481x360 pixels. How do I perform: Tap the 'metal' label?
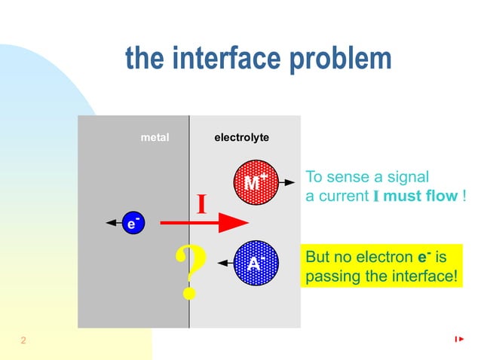pos(155,138)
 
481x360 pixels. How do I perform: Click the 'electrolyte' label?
pos(241,138)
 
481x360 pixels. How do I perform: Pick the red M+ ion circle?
pos(255,183)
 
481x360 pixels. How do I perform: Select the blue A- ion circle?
pos(256,263)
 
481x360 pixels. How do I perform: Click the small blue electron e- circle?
pos(133,223)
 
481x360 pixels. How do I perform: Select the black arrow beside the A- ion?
pos(225,263)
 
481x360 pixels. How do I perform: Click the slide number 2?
pos(23,341)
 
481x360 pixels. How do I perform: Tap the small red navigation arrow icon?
pos(459,340)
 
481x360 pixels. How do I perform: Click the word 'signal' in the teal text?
pos(407,177)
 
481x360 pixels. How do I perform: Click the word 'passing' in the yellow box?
pos(327,276)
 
